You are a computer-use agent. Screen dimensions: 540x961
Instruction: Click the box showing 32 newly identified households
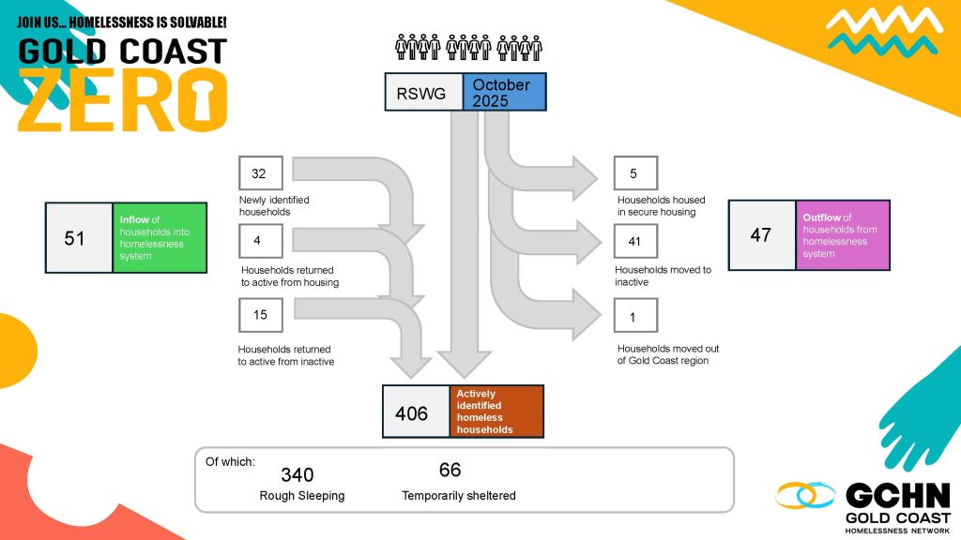[260, 173]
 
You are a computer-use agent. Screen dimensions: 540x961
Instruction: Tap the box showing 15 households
[260, 315]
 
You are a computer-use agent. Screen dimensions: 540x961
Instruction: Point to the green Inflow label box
[159, 237]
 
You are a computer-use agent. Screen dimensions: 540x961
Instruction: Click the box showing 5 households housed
[635, 173]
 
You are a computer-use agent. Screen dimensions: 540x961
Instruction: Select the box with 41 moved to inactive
[635, 242]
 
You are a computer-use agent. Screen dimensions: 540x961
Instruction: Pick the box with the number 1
[635, 316]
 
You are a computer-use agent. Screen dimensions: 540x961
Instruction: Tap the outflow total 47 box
[761, 235]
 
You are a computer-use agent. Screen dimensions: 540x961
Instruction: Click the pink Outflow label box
[842, 235]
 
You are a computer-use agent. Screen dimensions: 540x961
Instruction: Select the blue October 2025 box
[504, 92]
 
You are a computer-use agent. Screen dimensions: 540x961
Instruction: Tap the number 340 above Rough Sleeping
[297, 475]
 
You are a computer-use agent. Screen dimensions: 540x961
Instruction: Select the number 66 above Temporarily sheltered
[450, 470]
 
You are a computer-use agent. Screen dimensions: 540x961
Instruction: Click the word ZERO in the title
[122, 99]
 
